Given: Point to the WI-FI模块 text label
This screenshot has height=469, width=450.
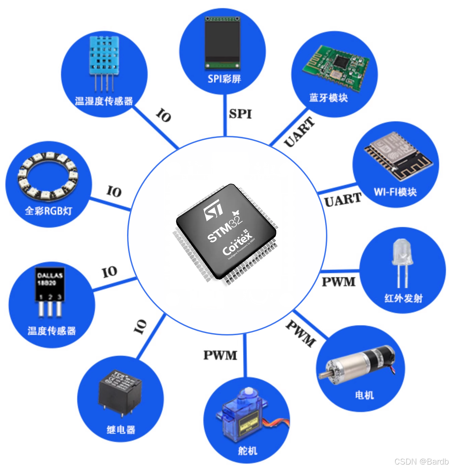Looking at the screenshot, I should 395,192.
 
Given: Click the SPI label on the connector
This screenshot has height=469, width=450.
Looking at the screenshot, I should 240,114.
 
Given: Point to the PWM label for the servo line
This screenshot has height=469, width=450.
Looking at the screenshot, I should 220,355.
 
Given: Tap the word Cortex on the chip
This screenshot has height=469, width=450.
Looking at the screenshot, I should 238,244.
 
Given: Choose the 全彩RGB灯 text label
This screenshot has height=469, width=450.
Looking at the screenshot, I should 48,211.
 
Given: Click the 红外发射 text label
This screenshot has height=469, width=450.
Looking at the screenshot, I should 403,298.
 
